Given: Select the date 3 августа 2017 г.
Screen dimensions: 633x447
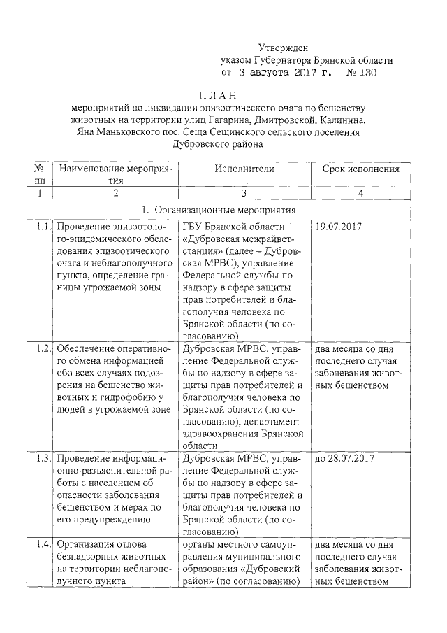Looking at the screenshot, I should pos(284,72).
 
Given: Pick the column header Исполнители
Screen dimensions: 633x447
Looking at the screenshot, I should pos(244,169).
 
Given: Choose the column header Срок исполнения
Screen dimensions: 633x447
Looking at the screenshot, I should pos(360,169).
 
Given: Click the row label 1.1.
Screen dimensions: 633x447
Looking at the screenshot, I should pos(43,227).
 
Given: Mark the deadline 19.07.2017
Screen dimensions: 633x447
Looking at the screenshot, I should pos(339,227).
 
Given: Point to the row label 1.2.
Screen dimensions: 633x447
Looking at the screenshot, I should pos(43,348).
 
